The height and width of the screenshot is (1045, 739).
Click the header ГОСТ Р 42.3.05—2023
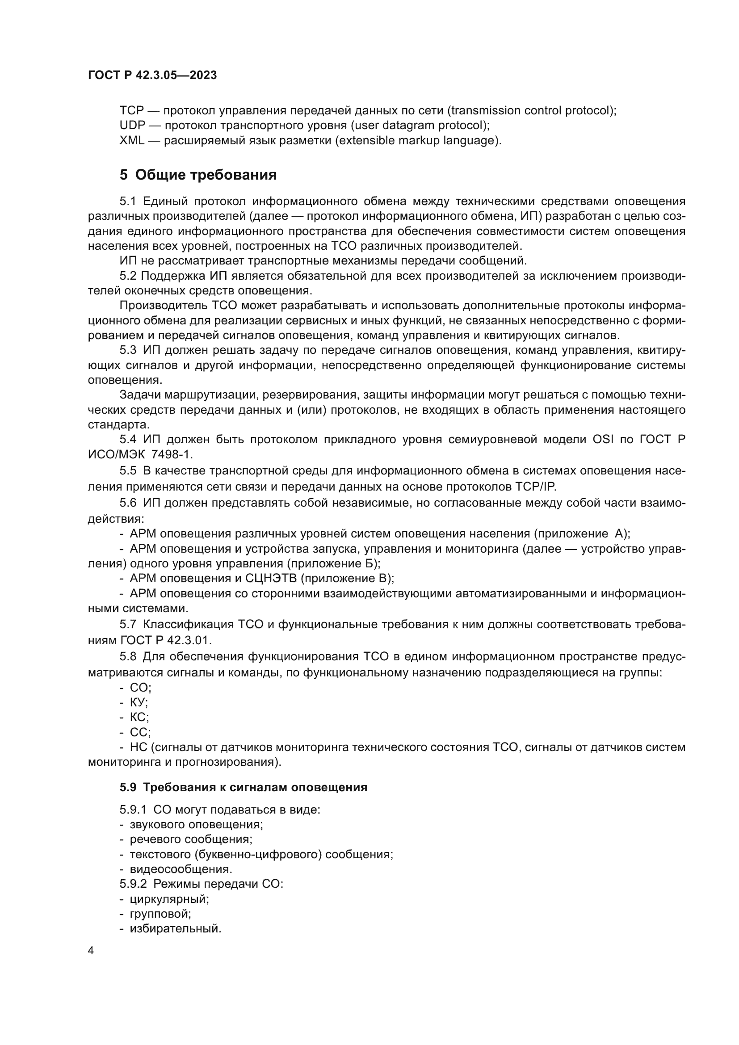click(152, 75)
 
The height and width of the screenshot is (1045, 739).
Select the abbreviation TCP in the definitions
click(131, 111)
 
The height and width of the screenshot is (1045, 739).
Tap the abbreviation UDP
click(132, 125)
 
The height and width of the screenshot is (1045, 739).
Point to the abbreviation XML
click(131, 140)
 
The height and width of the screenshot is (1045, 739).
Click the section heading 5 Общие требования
click(198, 175)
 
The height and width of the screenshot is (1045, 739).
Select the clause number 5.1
click(128, 201)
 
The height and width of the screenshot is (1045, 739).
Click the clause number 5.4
click(128, 439)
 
